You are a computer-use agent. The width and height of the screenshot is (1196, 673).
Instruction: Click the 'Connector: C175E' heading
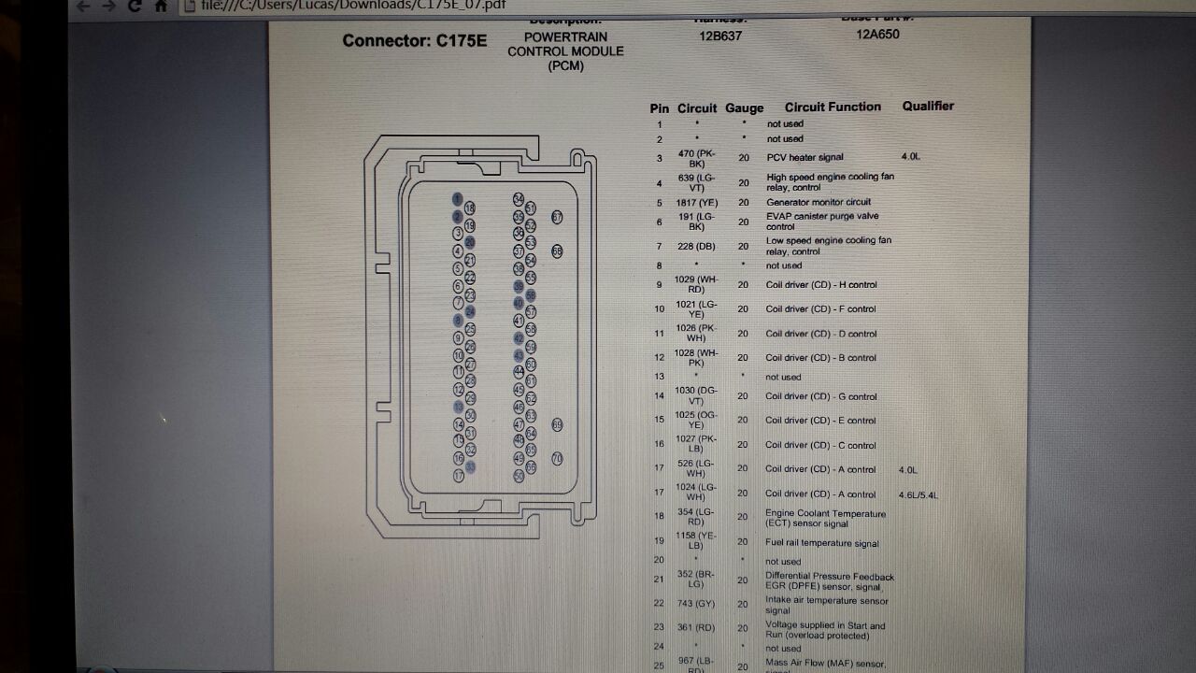[414, 41]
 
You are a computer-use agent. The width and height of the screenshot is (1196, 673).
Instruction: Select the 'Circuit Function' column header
[833, 107]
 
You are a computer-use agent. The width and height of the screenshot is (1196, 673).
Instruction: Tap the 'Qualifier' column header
[928, 107]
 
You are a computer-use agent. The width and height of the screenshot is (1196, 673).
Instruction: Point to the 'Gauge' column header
[744, 108]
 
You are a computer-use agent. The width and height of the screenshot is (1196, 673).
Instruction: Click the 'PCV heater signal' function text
[804, 158]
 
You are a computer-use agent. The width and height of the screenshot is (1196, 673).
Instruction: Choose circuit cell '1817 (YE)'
[696, 203]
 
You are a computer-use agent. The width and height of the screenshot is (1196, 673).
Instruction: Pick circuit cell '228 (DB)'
[696, 247]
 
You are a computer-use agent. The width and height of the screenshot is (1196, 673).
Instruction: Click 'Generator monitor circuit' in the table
[819, 203]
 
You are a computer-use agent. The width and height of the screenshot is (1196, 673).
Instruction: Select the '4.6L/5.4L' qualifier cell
[918, 494]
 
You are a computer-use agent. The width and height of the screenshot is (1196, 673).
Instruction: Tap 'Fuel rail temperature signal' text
[822, 544]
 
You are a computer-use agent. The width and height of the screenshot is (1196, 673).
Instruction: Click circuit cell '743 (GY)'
[696, 604]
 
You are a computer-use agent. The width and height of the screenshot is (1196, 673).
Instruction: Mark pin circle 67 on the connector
[557, 217]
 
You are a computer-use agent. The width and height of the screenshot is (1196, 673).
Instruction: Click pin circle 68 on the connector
[557, 251]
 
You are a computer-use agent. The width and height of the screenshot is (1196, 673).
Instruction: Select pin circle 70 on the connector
[557, 459]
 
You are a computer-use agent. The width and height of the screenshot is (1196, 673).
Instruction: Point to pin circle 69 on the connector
[557, 425]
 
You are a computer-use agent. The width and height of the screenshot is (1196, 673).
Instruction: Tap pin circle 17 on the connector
[459, 476]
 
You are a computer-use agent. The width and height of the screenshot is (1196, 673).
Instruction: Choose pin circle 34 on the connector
[519, 199]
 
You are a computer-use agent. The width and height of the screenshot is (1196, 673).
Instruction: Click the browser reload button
[135, 7]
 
